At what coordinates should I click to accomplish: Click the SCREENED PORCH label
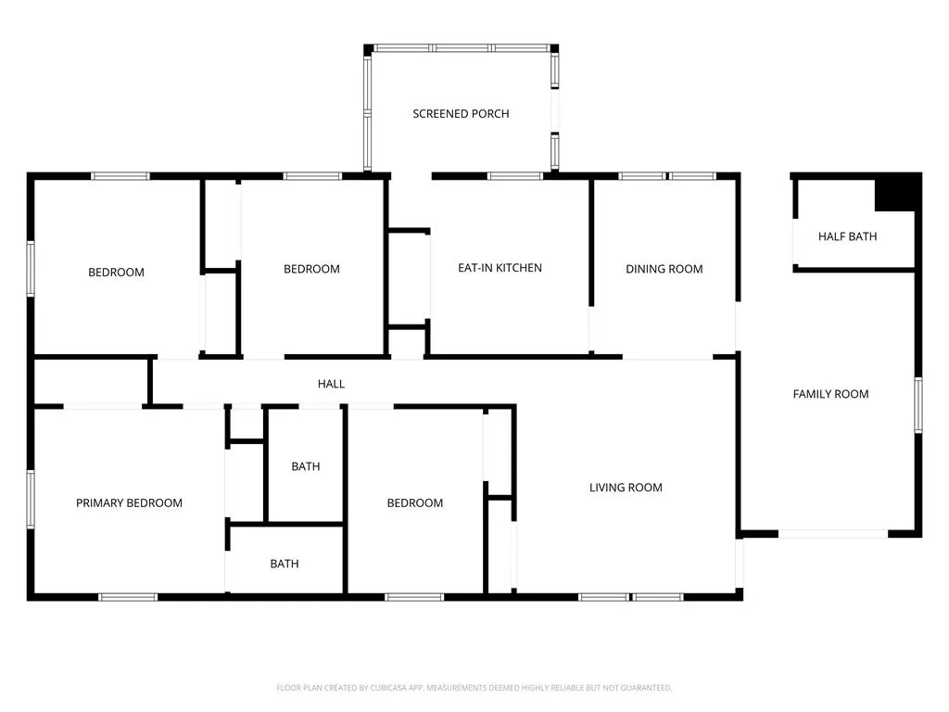461,114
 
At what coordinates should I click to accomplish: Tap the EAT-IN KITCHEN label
500,268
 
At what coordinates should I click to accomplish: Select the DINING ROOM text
664,269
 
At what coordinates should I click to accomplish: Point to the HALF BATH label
847,236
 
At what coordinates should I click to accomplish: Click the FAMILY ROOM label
830,394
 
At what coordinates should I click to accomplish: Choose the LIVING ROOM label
626,488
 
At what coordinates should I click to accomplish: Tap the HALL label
331,384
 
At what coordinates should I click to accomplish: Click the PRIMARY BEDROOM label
129,503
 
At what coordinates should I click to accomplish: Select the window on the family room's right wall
918,405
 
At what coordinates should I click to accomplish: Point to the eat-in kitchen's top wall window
515,176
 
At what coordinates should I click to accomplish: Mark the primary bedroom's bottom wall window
128,597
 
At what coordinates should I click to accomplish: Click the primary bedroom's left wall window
31,500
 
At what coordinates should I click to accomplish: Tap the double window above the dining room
667,176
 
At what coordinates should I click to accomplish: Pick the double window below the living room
631,597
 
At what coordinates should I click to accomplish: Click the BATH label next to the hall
306,467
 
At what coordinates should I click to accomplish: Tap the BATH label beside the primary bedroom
285,565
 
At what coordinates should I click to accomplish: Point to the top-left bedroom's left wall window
31,269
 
